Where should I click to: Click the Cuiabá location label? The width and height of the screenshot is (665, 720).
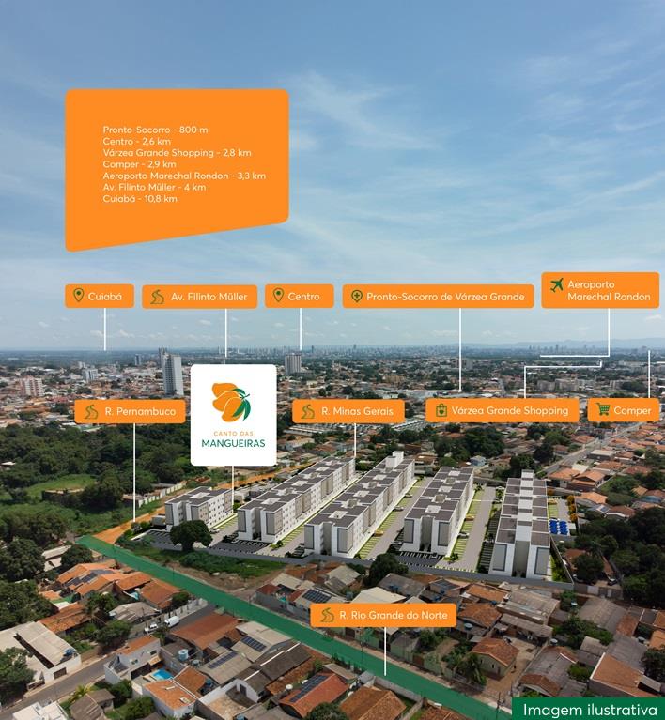(100, 297)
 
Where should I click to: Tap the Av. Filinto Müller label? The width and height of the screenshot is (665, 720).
(199, 297)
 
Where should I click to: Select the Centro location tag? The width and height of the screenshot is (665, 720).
(300, 297)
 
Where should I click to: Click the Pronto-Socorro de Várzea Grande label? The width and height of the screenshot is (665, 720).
(438, 297)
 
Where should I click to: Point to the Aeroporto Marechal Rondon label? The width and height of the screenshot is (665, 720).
(600, 290)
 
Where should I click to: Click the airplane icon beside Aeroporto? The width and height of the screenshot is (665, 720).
(557, 285)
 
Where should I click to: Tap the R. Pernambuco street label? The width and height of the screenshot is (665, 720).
(130, 411)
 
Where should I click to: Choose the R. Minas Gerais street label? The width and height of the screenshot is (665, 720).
(348, 411)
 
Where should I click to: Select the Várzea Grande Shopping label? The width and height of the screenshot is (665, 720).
(503, 410)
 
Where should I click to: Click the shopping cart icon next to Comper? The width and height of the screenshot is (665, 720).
(603, 409)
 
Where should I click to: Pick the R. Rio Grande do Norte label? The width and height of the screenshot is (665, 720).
(383, 615)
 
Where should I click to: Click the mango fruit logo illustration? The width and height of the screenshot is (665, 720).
(231, 402)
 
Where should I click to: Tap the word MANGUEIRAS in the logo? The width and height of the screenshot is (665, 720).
(233, 443)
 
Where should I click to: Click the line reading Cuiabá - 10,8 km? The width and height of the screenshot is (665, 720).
(140, 199)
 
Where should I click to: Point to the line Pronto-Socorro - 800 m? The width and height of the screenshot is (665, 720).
(155, 130)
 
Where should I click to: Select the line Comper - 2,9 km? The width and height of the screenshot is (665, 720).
(139, 164)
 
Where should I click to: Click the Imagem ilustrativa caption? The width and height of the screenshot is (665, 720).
(590, 710)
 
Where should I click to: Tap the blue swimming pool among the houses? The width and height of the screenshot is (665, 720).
(162, 675)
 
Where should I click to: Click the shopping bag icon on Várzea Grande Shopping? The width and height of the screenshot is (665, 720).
(441, 410)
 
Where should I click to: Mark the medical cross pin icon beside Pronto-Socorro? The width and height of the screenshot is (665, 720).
(357, 297)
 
